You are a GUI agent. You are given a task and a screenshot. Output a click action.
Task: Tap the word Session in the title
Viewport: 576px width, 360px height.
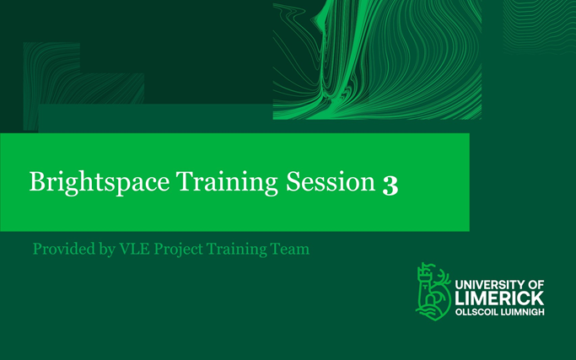pos(331,182)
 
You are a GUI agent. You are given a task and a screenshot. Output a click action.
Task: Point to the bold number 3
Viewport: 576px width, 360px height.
pos(390,184)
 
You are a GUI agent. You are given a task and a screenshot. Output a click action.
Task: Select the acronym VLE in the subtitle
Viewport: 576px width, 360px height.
pos(131,250)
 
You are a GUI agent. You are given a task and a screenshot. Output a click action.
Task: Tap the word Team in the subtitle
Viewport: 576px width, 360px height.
pos(290,250)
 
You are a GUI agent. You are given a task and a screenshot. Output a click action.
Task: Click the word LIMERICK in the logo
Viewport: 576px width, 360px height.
pos(498,299)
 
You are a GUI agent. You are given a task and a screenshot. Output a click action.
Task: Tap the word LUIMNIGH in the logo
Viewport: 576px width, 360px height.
pos(521,312)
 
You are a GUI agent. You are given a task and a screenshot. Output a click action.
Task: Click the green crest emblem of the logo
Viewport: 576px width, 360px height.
pos(433,291)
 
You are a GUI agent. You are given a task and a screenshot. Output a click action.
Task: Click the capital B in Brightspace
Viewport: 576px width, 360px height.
pos(36,182)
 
